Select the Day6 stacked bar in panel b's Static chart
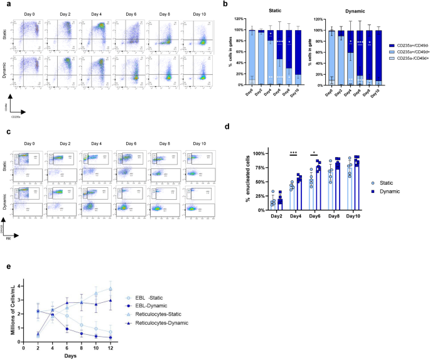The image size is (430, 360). [x=261, y=57]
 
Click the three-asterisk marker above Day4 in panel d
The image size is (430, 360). [x=292, y=152]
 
